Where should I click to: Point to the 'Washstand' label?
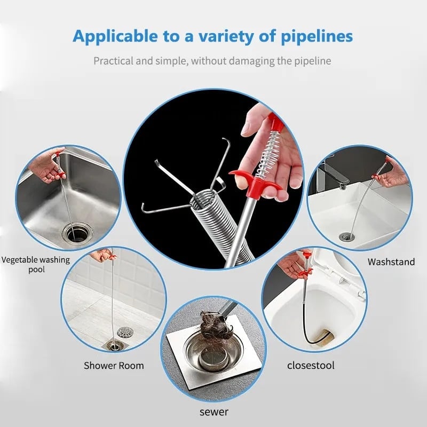click(x=391, y=262)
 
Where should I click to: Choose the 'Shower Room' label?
click(x=114, y=366)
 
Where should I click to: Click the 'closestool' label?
click(x=311, y=366)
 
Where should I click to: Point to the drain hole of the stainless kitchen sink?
click(x=74, y=232)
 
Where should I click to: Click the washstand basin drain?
click(x=347, y=236)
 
